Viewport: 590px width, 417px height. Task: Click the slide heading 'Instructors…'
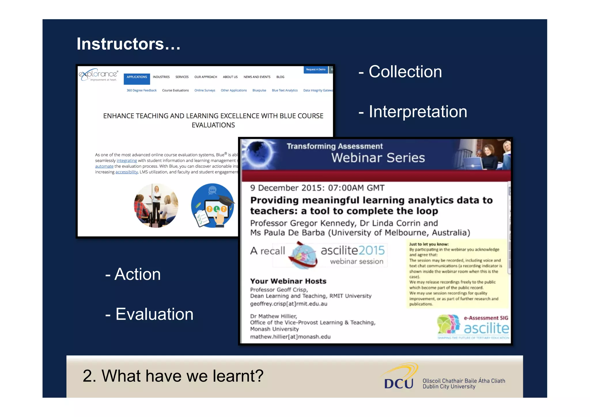tap(128, 44)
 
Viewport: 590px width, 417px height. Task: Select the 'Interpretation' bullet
tap(417, 112)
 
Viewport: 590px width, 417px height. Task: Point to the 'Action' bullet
tap(137, 274)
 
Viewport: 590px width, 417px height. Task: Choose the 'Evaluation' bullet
tap(154, 314)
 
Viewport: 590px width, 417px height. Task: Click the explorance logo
tap(98, 75)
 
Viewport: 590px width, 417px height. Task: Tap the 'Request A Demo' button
tap(315, 69)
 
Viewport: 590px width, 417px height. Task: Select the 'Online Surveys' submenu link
tap(205, 90)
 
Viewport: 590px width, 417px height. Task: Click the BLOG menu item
tap(280, 77)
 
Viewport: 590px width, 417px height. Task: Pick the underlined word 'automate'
tap(104, 166)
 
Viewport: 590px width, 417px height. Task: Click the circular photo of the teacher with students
tap(156, 205)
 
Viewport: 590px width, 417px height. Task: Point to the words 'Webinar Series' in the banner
tap(378, 158)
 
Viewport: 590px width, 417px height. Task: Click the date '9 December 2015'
tap(286, 188)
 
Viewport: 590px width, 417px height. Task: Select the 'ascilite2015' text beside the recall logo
tap(353, 250)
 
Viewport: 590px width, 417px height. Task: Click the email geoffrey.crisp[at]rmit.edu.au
tap(288, 304)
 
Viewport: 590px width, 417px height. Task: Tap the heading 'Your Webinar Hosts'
tap(288, 281)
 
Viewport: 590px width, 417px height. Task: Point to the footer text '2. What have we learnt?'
tap(173, 376)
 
